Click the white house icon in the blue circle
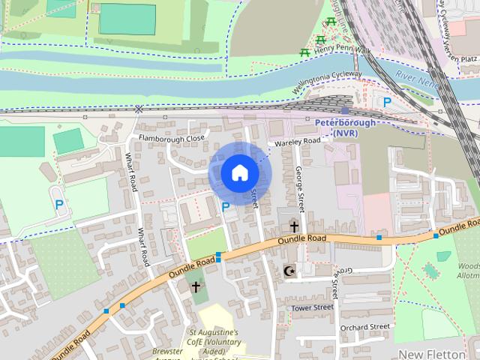(239, 173)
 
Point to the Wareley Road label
(297, 141)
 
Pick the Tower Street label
(312, 307)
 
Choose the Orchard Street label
(365, 327)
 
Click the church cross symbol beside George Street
(294, 226)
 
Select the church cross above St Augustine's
(196, 286)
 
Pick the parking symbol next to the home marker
(225, 206)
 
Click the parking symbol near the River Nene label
(387, 102)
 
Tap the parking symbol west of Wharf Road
(58, 203)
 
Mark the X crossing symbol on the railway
(139, 109)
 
